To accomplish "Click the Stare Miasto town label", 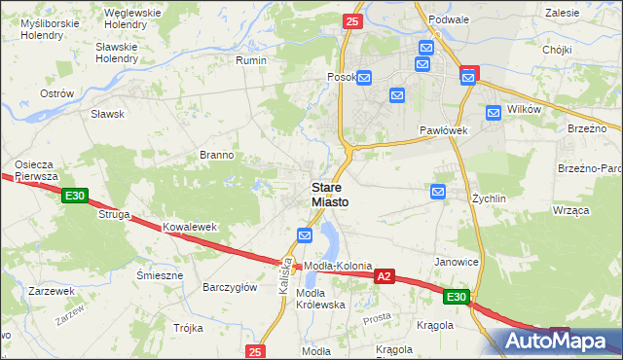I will [x=329, y=194].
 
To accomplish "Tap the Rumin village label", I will [x=251, y=60].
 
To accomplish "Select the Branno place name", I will [x=216, y=155].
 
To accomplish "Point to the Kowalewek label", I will [x=189, y=227].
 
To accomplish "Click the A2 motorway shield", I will [x=385, y=277].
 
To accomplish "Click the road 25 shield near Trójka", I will [x=255, y=351].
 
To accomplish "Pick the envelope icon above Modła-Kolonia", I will [x=305, y=235].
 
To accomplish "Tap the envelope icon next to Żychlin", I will [x=438, y=193].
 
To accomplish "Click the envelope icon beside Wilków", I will [x=493, y=112].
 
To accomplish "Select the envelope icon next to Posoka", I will [x=364, y=78].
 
